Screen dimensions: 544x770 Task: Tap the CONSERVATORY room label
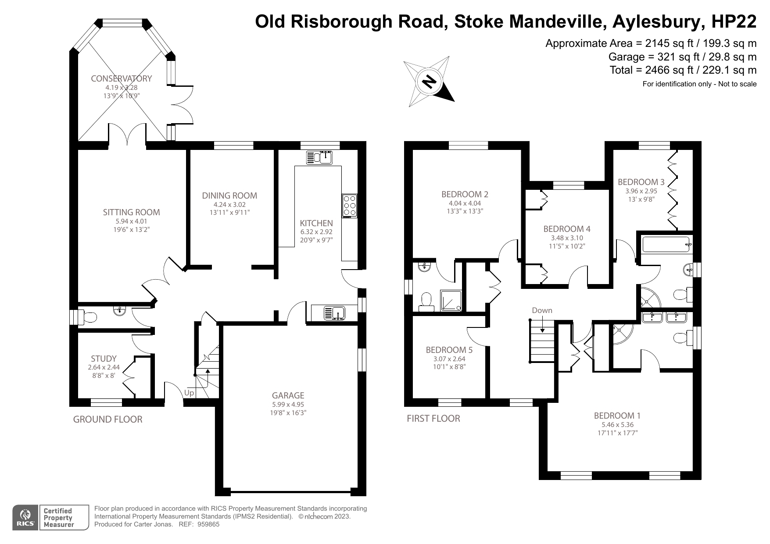121,78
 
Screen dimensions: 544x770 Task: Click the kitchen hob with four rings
350,205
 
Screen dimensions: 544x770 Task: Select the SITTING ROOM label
131,212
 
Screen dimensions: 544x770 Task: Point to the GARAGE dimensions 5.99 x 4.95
288,404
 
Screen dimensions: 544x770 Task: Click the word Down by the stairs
542,310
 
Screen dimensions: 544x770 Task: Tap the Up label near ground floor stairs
189,393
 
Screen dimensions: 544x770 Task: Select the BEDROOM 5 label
449,350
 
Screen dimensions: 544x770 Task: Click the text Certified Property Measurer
58,518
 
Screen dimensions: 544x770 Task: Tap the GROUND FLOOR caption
107,420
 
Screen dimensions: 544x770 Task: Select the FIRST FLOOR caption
433,419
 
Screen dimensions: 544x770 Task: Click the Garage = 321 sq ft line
682,57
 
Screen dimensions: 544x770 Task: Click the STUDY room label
104,359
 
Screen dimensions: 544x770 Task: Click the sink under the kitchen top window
320,157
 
